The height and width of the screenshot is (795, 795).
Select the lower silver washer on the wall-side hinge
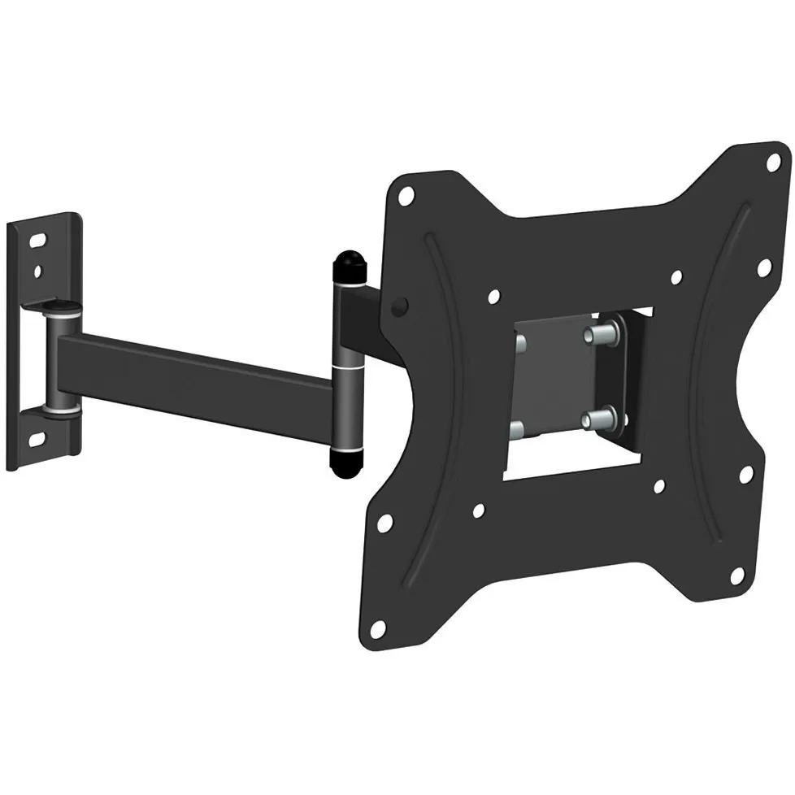pyautogui.click(x=63, y=411)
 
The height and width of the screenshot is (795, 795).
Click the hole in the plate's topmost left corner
pyautogui.click(x=408, y=194)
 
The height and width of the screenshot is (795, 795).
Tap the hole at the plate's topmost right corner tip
pyautogui.click(x=771, y=161)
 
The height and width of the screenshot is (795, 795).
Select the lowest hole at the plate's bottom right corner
pyautogui.click(x=736, y=576)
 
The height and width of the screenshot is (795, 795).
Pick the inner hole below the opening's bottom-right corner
pyautogui.click(x=659, y=487)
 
